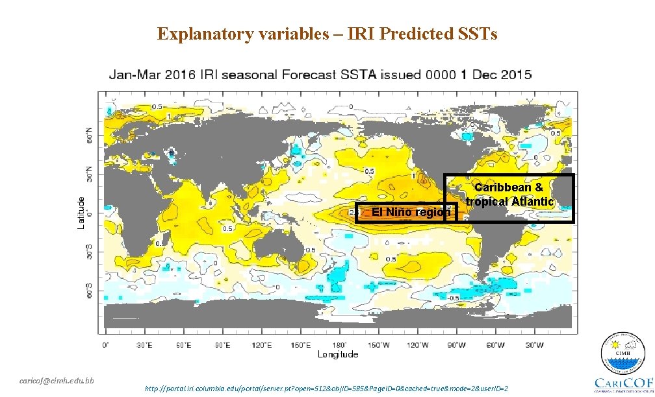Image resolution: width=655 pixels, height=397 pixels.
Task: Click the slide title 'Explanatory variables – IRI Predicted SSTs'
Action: point(327,34)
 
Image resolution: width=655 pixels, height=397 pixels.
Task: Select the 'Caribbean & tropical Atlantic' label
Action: point(509,195)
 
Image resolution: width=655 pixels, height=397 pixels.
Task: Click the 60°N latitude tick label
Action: point(90,135)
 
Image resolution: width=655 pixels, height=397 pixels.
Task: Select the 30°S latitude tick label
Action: point(90,252)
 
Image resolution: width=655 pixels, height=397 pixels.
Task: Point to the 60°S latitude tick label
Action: point(90,291)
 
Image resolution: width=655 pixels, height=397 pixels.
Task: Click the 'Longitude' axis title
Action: point(338,354)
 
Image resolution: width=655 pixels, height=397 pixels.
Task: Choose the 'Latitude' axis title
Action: point(81,213)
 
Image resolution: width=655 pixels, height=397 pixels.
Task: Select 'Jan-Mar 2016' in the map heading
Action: point(146,75)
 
